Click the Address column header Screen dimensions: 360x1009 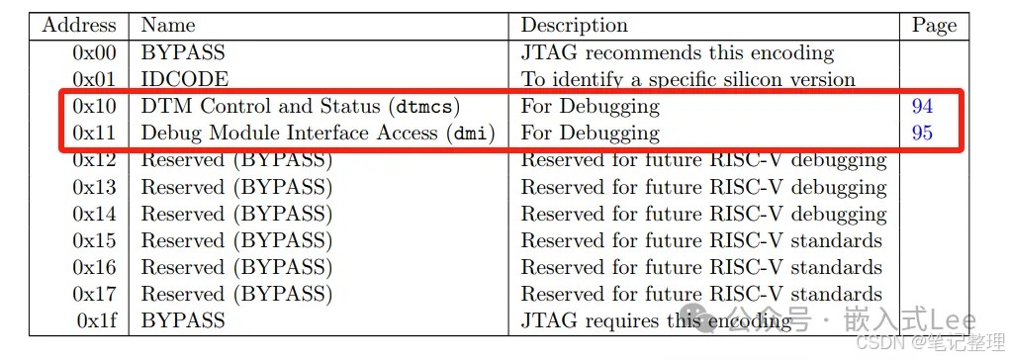click(x=78, y=26)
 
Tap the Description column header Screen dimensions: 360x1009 click(x=574, y=26)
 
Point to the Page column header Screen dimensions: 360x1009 click(x=932, y=26)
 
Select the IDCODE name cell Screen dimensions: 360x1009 click(x=184, y=79)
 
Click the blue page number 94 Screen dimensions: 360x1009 click(x=922, y=106)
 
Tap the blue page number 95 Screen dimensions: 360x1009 click(x=922, y=133)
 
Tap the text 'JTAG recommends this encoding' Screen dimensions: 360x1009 click(x=678, y=52)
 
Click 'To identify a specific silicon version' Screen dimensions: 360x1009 click(x=688, y=79)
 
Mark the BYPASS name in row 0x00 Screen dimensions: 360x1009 click(x=183, y=52)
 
